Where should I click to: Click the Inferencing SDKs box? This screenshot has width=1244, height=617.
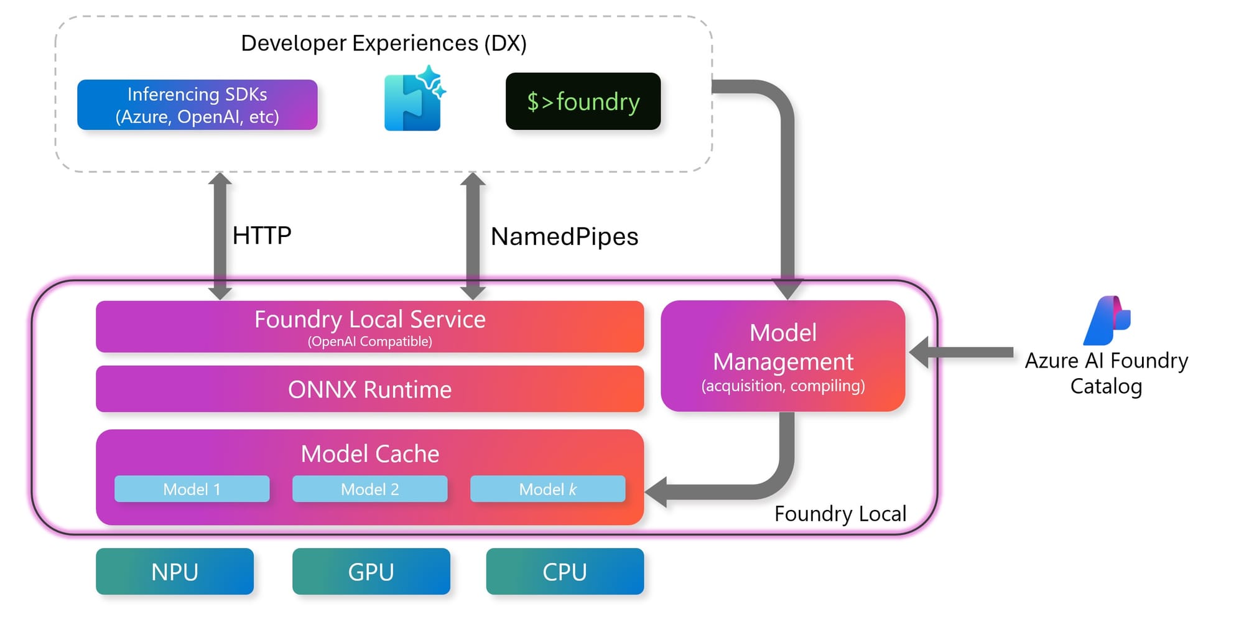(x=197, y=104)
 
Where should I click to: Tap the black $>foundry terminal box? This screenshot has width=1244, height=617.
(x=583, y=101)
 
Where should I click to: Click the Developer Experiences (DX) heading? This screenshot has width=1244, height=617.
(x=384, y=43)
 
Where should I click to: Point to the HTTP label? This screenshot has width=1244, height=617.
(x=261, y=236)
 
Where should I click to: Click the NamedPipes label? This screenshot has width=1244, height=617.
(x=564, y=236)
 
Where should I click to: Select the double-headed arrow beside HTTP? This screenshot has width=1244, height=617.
(x=220, y=236)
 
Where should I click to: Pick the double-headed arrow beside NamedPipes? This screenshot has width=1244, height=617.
(x=473, y=236)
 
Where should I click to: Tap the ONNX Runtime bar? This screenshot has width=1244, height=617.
(x=369, y=389)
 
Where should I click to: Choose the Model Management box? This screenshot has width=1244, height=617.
(x=782, y=356)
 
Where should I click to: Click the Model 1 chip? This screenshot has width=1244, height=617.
(x=192, y=489)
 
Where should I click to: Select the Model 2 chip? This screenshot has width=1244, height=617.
(x=369, y=489)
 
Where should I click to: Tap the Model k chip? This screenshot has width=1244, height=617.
(x=547, y=489)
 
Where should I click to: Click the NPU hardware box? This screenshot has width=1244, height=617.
(x=175, y=572)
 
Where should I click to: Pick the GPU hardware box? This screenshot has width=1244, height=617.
(x=371, y=572)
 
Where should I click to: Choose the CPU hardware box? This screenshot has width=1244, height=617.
(x=565, y=572)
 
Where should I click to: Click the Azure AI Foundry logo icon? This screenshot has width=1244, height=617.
(x=1107, y=320)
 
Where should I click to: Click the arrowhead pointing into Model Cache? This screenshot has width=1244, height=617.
(x=657, y=492)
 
